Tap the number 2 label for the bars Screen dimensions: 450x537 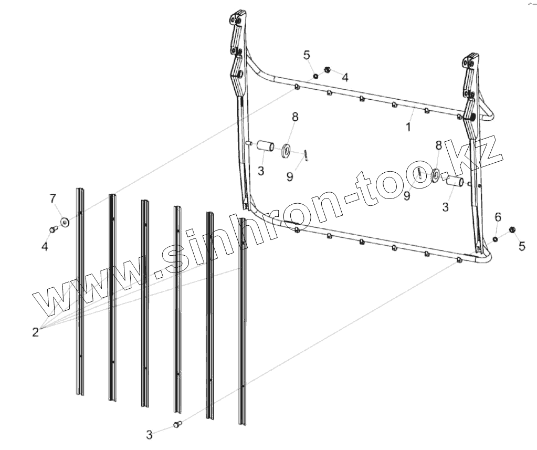pos(35,332)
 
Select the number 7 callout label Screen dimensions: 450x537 pos(52,198)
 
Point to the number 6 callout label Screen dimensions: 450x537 pos(498,217)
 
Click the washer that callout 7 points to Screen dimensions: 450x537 pos(65,222)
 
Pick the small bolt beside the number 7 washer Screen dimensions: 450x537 pos(52,229)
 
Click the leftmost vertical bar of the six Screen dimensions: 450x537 pos(80,291)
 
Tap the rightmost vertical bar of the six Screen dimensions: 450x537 pos(243,320)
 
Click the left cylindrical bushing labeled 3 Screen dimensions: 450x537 pos(265,145)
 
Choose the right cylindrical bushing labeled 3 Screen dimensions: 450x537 pos(455,183)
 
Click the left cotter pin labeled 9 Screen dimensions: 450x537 pos(306,154)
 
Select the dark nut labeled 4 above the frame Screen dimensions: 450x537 pos(327,69)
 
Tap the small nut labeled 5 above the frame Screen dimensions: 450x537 pos(315,76)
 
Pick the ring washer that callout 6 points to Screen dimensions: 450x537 pos(495,239)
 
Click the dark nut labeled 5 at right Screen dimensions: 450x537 pos(513,229)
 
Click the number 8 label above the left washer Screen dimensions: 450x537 pos(295,117)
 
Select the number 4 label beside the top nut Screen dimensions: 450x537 pos(344,78)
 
